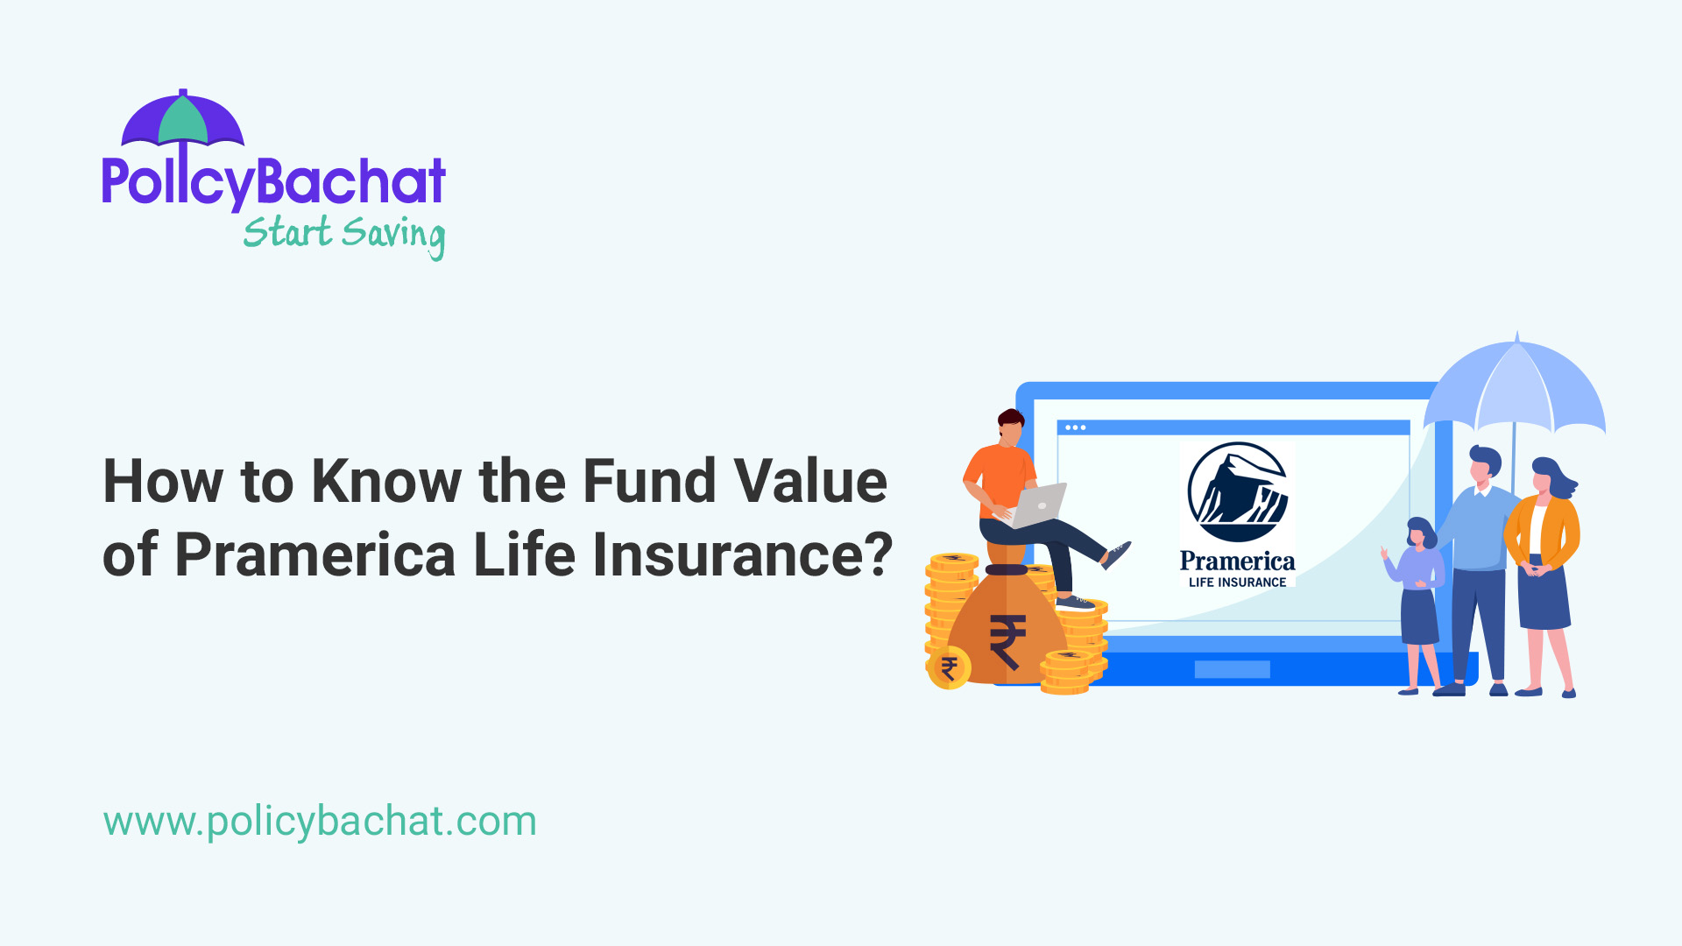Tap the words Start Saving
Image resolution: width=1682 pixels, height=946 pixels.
(343, 234)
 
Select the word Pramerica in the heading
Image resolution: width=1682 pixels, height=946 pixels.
(315, 554)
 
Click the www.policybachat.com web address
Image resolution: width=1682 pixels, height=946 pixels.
(320, 821)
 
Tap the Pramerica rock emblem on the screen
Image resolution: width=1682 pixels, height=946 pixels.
(1237, 492)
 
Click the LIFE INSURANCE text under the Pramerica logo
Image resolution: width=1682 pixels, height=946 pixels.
(1237, 582)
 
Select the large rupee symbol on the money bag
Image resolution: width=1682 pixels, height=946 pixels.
(1007, 641)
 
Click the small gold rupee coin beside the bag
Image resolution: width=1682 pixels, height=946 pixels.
(949, 669)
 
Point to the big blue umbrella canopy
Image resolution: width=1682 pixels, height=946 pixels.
(1516, 390)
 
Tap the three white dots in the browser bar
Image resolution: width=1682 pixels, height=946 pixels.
(1076, 427)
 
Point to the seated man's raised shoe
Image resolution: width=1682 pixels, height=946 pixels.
(1116, 554)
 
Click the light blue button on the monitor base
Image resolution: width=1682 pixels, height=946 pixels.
(1232, 670)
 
